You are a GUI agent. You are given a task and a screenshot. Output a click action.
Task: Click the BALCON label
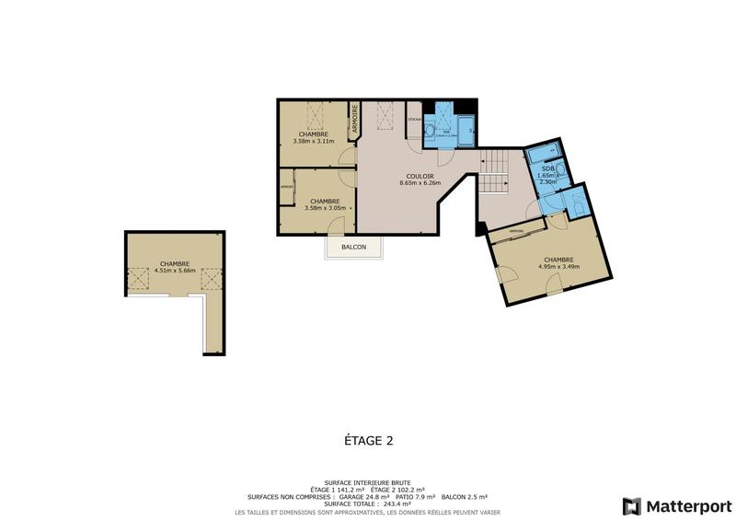(x=354, y=248)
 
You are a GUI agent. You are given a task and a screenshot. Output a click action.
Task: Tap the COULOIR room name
(x=420, y=176)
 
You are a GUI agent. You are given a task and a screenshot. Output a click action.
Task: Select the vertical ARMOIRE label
(x=353, y=122)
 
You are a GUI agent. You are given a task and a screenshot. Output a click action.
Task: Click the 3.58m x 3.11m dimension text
(x=312, y=141)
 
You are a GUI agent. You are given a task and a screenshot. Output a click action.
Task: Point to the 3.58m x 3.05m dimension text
(x=325, y=208)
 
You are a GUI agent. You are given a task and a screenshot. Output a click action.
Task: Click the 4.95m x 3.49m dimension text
(x=558, y=267)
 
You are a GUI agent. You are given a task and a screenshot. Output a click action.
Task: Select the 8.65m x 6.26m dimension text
(x=420, y=183)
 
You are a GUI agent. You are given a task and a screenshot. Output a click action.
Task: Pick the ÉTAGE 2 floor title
(x=362, y=441)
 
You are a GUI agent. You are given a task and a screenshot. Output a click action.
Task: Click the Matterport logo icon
(x=631, y=505)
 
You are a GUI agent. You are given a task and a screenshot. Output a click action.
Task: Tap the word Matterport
(x=687, y=505)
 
